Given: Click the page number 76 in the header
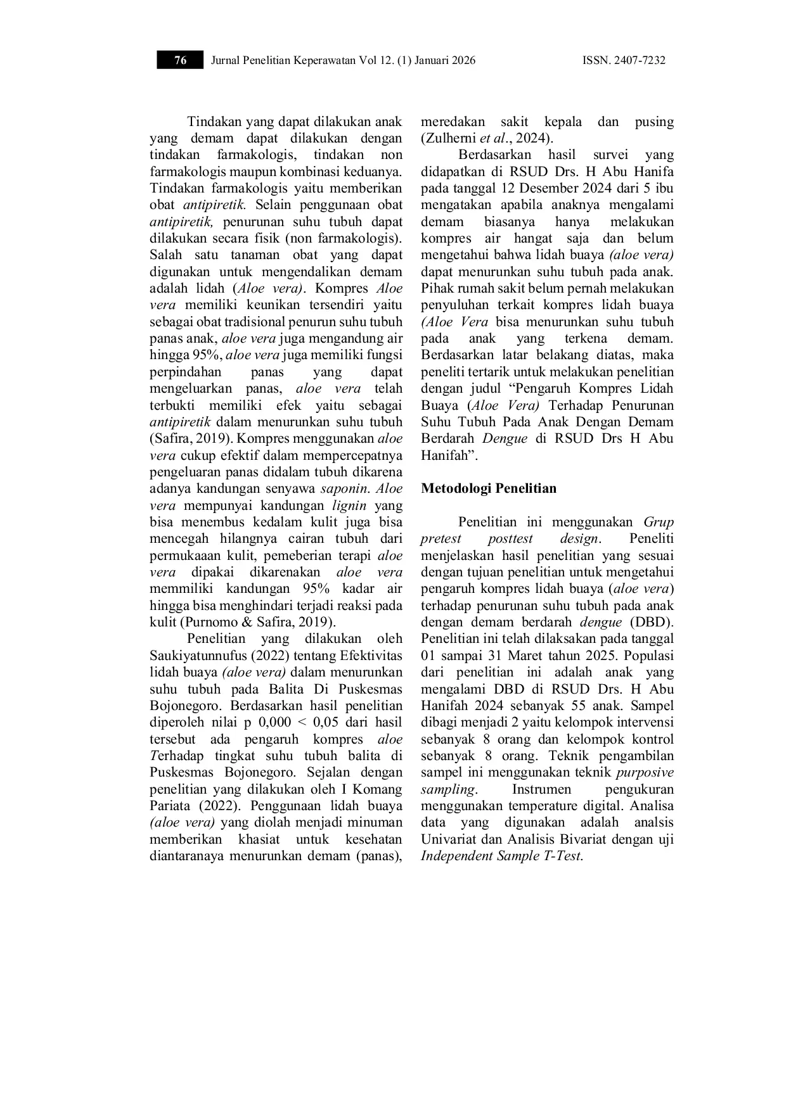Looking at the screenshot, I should coord(181,61).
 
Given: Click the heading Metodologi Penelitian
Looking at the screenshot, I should coord(488,488).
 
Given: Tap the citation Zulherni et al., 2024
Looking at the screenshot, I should coord(487,139).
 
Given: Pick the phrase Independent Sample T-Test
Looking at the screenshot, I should coord(501,856).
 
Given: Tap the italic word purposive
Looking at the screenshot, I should coord(645,772).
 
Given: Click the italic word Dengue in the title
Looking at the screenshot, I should coord(505,438).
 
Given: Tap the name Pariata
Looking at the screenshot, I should coord(172,806).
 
